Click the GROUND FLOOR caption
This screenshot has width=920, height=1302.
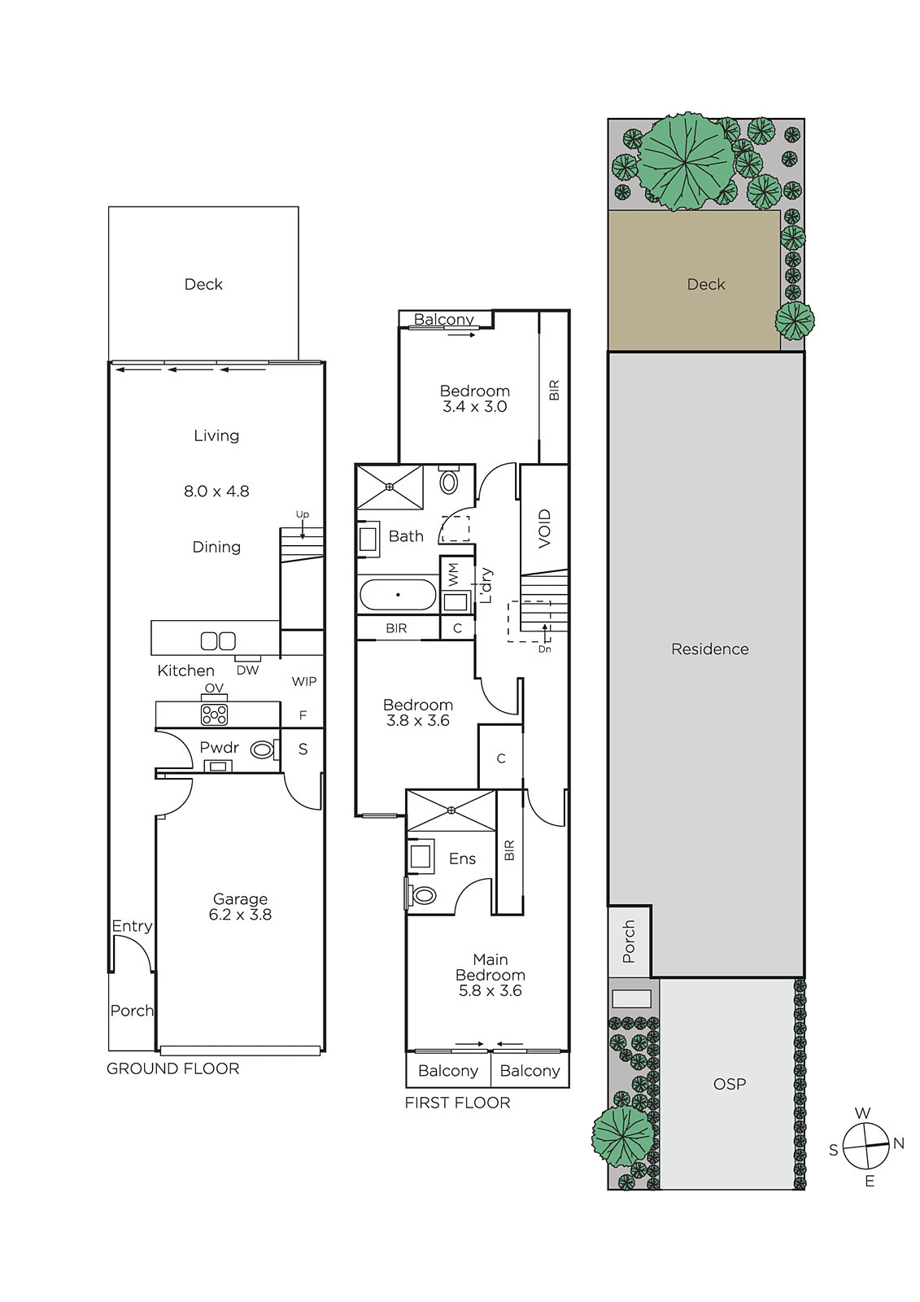click(x=172, y=1068)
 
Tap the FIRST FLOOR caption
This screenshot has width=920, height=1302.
click(x=457, y=1103)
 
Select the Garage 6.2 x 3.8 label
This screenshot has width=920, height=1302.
click(x=240, y=907)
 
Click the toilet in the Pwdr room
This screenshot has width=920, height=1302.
click(x=262, y=749)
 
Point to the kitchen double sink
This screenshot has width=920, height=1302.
click(x=218, y=640)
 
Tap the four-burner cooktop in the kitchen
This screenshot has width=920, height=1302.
click(x=214, y=714)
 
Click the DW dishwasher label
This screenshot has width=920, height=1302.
click(x=247, y=671)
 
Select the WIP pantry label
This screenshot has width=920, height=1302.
click(x=304, y=681)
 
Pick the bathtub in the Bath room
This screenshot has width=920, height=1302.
click(x=398, y=594)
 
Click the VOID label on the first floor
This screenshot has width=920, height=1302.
click(x=544, y=528)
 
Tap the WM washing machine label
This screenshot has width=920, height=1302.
click(x=454, y=574)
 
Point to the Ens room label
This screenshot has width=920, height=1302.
click(x=462, y=859)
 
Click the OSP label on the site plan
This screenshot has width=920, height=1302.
click(x=730, y=1083)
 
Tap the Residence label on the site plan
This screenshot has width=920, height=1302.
click(x=709, y=649)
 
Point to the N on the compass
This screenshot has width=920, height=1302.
click(x=899, y=1143)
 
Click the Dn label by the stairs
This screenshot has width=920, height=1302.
click(x=544, y=649)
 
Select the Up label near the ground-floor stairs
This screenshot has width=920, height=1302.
click(x=303, y=514)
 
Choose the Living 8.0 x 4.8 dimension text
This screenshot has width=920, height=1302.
click(x=216, y=492)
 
